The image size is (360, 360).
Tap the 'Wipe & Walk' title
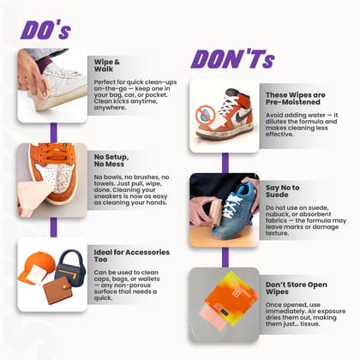pyautogui.click(x=111, y=66)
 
